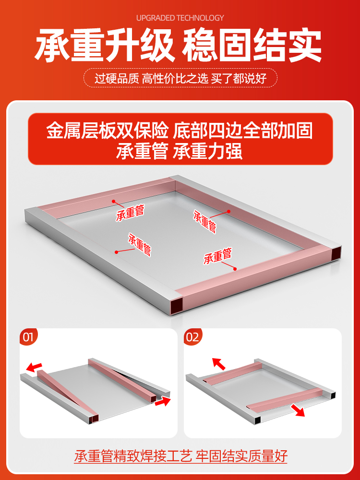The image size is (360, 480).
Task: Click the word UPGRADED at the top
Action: click(x=156, y=18)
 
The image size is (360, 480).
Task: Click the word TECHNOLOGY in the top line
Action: click(x=200, y=18)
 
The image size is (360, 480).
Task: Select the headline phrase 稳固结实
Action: click(x=252, y=45)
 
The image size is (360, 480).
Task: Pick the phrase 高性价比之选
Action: click(x=175, y=79)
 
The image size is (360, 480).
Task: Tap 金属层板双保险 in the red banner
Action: click(x=108, y=131)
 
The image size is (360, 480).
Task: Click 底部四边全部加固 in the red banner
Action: click(x=243, y=131)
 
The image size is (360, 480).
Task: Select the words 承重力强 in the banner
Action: click(x=207, y=151)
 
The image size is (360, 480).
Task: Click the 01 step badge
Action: click(x=28, y=337)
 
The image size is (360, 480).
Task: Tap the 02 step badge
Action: click(x=192, y=337)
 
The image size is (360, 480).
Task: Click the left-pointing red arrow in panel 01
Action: click(x=34, y=367)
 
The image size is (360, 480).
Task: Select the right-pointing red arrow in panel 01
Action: click(x=163, y=401)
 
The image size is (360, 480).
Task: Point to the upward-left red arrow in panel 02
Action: click(x=218, y=364)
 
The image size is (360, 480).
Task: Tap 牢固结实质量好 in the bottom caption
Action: click(x=242, y=456)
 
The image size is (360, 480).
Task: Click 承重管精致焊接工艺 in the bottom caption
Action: click(x=133, y=456)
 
